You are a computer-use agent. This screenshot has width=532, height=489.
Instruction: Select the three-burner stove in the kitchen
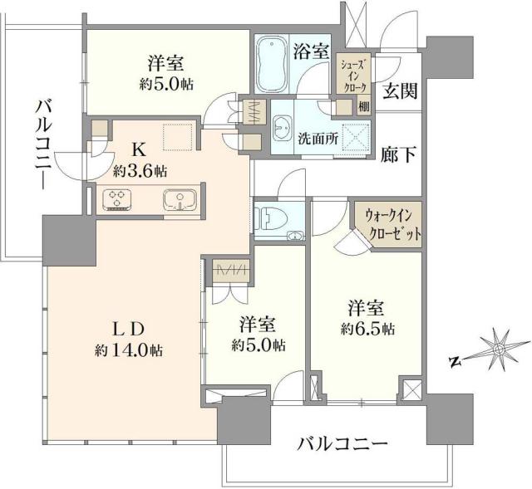click(118, 199)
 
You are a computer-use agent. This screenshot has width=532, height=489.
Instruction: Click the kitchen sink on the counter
click(178, 200)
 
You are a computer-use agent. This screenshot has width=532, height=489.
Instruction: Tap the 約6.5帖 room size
click(367, 328)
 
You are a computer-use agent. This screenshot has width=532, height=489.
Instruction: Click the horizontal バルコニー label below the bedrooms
click(342, 445)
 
